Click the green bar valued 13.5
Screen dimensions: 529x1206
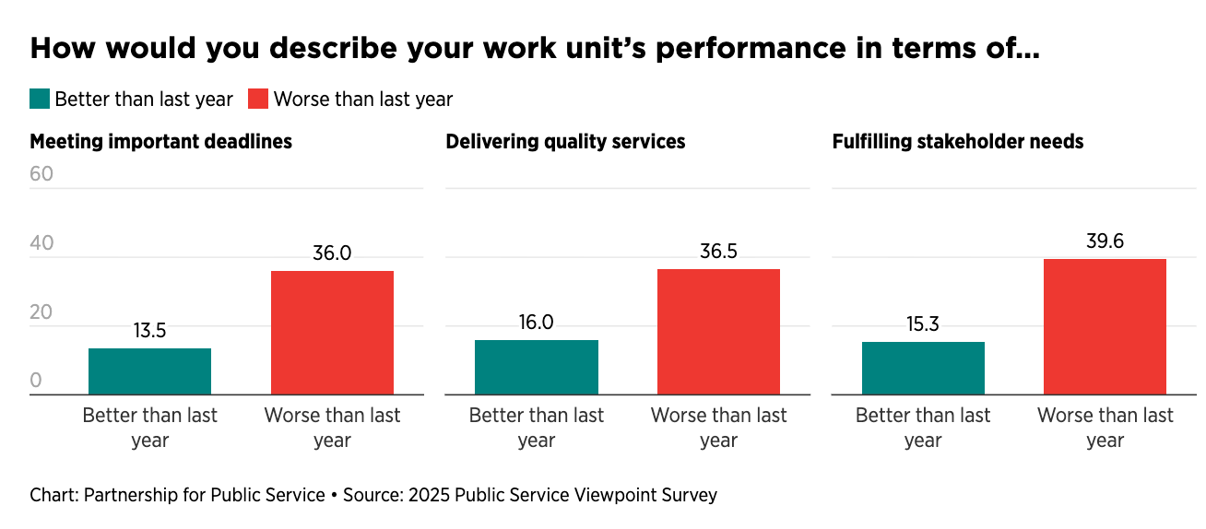(x=149, y=371)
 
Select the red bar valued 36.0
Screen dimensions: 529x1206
(x=332, y=333)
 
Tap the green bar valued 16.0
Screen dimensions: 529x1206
(x=536, y=367)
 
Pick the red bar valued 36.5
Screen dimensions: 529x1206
(x=718, y=332)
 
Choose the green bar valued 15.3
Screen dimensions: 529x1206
(x=923, y=368)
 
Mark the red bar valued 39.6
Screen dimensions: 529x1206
(x=1105, y=326)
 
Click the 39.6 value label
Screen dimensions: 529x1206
(x=1105, y=242)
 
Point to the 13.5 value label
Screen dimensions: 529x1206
(x=149, y=331)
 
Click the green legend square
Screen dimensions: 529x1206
(x=40, y=99)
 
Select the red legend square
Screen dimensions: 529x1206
(x=258, y=99)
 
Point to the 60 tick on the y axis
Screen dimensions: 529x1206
(x=42, y=174)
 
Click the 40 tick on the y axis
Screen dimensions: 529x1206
(x=42, y=243)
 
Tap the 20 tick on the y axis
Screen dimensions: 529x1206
(x=42, y=312)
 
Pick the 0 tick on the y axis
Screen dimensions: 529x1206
(x=36, y=381)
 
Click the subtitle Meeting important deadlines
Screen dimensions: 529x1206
(x=161, y=142)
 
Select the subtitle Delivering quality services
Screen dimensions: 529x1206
(x=565, y=142)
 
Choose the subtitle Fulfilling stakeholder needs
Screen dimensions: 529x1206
(x=958, y=142)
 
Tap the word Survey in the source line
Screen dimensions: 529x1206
(x=688, y=495)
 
